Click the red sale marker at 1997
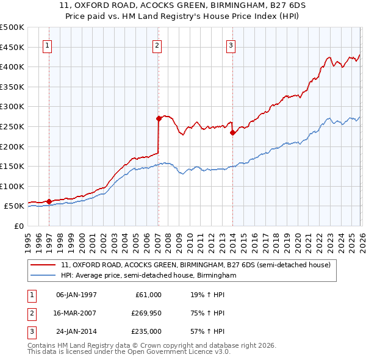(49, 201)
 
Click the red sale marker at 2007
(158, 118)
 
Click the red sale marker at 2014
(232, 132)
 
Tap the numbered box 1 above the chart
(48, 45)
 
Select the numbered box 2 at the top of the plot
(157, 45)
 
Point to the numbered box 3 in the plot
(231, 45)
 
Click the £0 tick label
(18, 226)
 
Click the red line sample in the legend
(43, 265)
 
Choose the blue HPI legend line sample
(43, 276)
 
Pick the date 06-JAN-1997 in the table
(76, 295)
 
